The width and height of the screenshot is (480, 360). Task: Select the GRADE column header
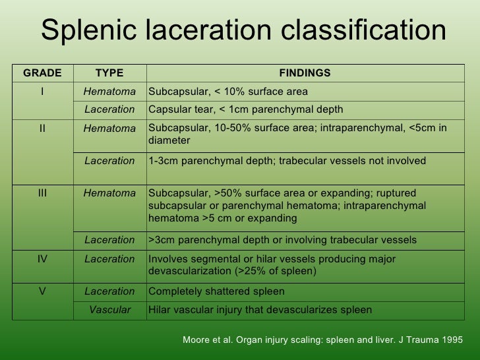[43, 73]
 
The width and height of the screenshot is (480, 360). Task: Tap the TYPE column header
[109, 73]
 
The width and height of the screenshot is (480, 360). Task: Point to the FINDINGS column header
[305, 73]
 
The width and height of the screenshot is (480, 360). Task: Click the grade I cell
[43, 92]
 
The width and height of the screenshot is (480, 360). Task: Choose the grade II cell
[43, 129]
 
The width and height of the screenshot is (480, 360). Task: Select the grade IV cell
[43, 259]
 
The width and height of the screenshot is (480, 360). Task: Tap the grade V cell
[43, 291]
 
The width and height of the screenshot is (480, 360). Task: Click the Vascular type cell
[109, 310]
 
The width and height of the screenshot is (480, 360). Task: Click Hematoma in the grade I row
[109, 92]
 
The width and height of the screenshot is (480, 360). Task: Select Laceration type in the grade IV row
[109, 259]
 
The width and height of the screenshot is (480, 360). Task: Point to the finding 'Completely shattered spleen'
[217, 291]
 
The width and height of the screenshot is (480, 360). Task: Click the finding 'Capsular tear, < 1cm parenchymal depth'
[246, 109]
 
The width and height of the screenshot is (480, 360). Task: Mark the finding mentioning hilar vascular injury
[260, 310]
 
